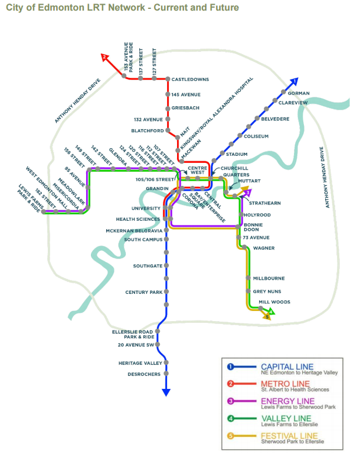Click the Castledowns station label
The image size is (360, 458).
click(x=191, y=79)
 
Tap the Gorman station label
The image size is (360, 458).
click(x=299, y=93)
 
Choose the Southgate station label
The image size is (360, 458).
click(x=148, y=266)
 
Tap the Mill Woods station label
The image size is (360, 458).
click(x=275, y=302)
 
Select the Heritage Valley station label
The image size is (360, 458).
click(x=139, y=363)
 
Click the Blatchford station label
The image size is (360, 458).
click(x=148, y=130)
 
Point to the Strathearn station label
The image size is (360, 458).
click(x=261, y=203)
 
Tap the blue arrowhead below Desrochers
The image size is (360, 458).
click(x=166, y=391)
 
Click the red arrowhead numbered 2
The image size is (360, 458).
click(x=105, y=57)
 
